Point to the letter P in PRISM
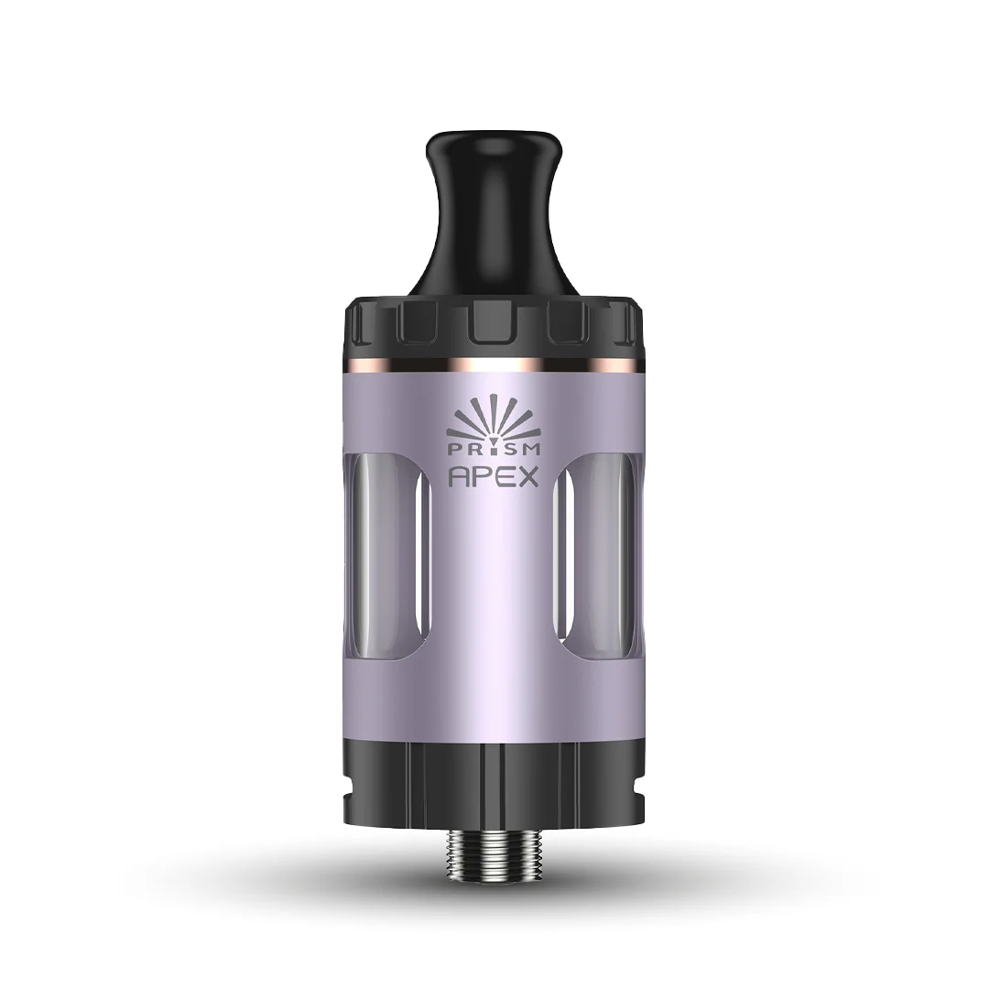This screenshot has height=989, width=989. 454,448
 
